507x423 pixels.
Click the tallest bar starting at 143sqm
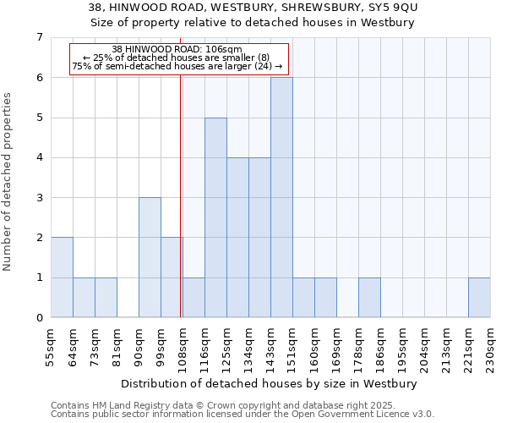click(281, 197)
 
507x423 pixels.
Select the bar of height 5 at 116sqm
click(215, 217)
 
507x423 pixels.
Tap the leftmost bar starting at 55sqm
click(62, 277)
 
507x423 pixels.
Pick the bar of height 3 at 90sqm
click(150, 257)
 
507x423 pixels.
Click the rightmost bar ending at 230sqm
click(479, 297)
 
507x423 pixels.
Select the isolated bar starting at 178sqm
click(369, 297)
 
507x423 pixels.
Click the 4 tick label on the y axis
click(38, 157)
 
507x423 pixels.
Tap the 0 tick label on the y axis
click(38, 318)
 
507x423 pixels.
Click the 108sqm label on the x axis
click(183, 344)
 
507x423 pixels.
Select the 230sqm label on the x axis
click(491, 344)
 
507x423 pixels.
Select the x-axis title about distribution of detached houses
click(270, 383)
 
